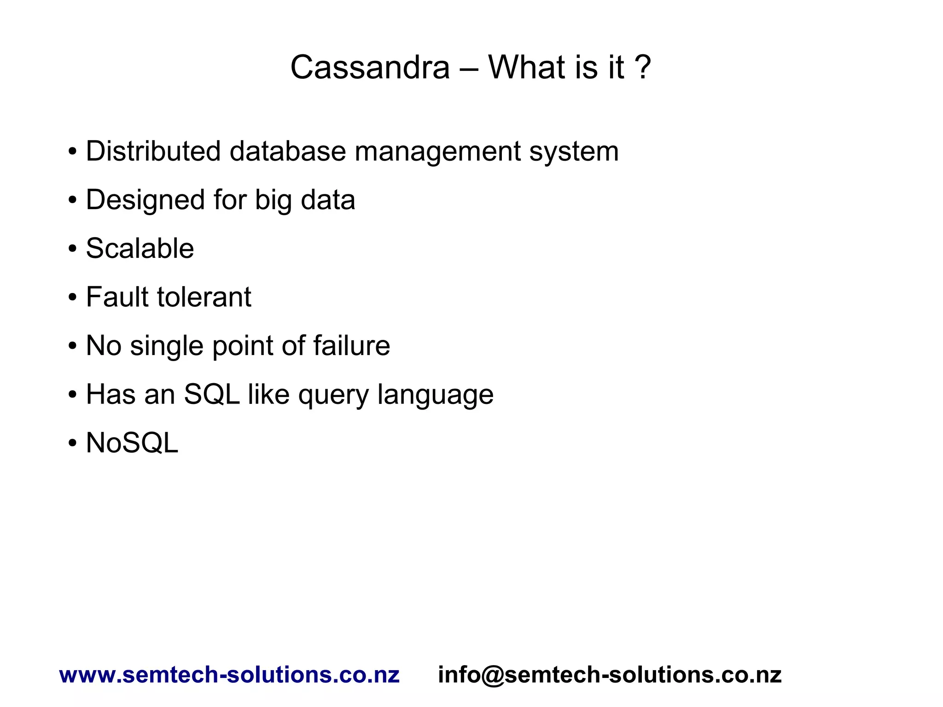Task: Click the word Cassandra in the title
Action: (370, 68)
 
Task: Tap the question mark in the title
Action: (643, 68)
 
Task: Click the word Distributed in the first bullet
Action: (153, 151)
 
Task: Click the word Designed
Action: (145, 200)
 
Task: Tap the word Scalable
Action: (140, 249)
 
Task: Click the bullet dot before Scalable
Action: (72, 249)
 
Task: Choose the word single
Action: (167, 346)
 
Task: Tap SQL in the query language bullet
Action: (212, 395)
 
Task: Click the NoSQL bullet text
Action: (132, 443)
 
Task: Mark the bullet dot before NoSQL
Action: (72, 444)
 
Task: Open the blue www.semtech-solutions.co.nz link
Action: (229, 675)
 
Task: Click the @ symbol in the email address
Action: (492, 675)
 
